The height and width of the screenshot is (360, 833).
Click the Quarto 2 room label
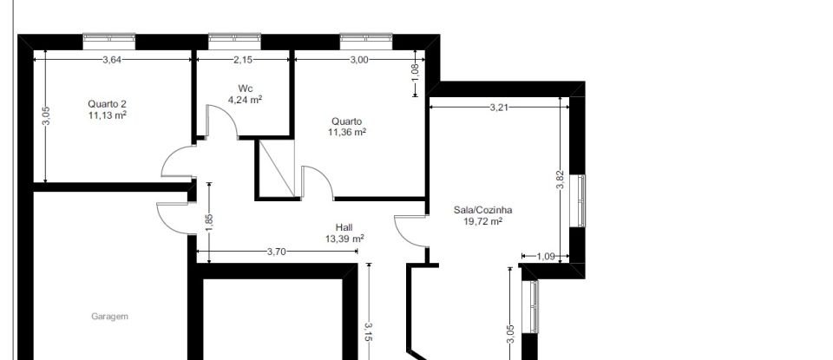click(108, 102)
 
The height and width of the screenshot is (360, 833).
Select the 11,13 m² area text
click(108, 114)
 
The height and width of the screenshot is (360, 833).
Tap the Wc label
click(245, 88)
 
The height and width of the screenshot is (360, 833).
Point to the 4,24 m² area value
click(245, 99)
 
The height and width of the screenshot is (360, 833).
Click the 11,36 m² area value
click(346, 133)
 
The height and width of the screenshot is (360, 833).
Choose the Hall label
click(344, 227)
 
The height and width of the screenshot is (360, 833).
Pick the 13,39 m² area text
click(344, 239)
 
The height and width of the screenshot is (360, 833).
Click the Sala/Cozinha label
click(483, 210)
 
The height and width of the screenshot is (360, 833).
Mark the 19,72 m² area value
click(483, 221)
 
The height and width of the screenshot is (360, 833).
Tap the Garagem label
click(109, 317)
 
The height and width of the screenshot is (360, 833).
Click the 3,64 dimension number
click(112, 60)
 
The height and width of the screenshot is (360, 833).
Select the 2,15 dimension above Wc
click(244, 60)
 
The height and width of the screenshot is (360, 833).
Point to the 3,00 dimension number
click(359, 60)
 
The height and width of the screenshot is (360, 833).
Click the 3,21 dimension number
click(498, 108)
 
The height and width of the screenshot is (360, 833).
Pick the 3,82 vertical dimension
click(560, 180)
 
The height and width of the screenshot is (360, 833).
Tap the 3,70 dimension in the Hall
click(276, 252)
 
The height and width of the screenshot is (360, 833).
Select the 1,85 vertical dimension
click(209, 221)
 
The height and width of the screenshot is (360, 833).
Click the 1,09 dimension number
click(546, 256)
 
